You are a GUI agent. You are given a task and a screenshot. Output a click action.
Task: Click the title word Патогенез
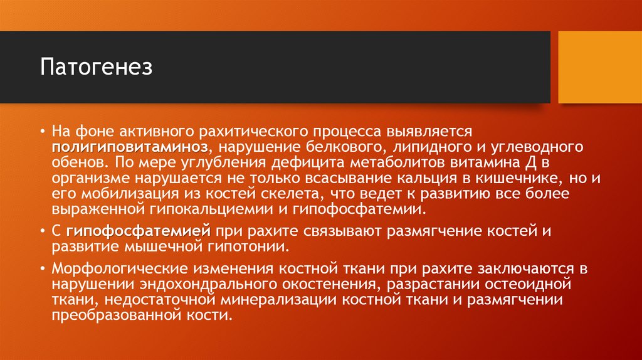coord(97,67)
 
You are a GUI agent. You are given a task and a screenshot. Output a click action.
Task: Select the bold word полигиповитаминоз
coord(130,147)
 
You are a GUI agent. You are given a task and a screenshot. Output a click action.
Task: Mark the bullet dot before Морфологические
coord(42,269)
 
